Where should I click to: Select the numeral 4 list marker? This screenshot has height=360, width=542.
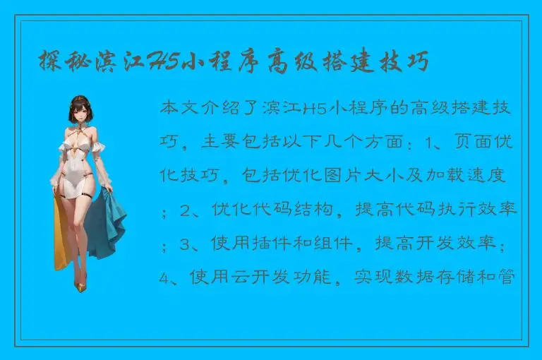pos(165,277)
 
